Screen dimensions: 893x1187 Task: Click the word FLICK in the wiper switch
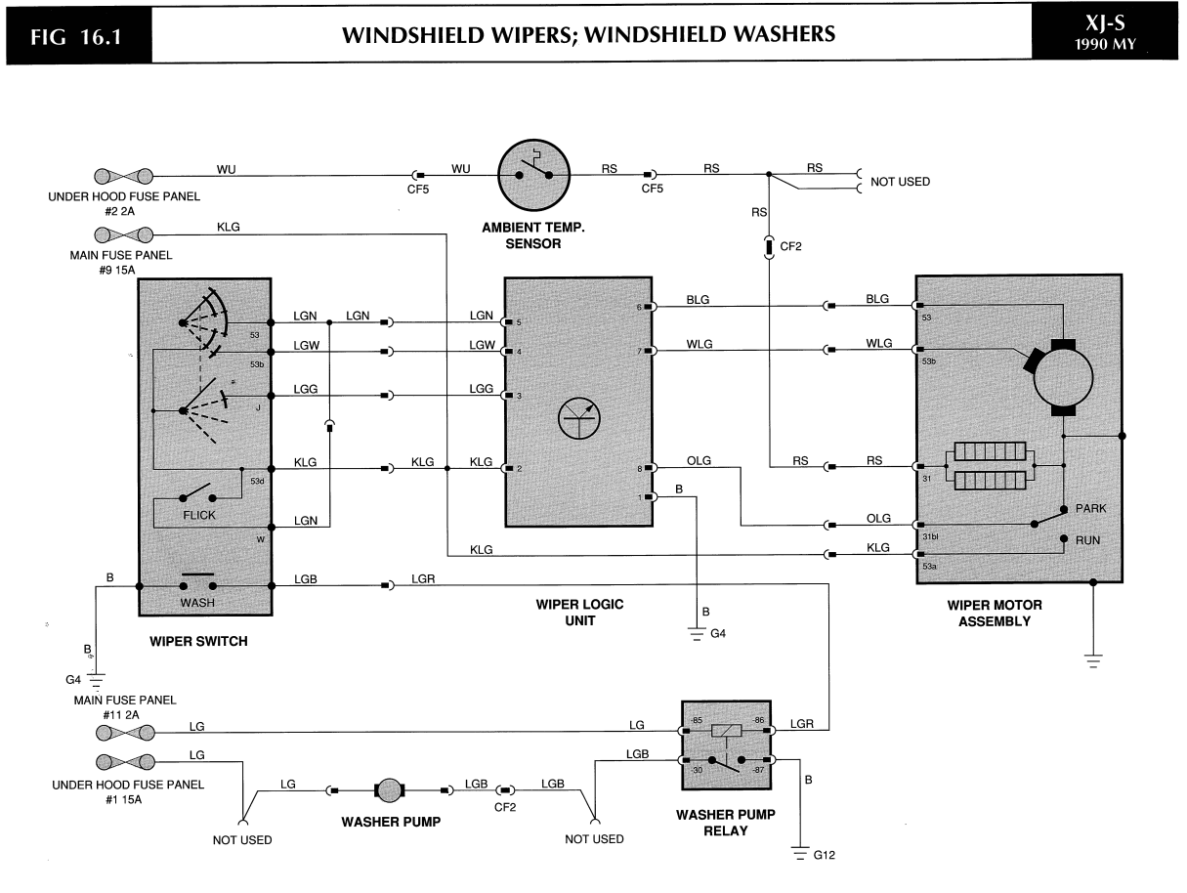tap(198, 514)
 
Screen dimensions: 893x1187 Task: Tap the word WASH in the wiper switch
tap(197, 603)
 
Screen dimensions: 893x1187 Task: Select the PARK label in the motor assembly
tap(1090, 509)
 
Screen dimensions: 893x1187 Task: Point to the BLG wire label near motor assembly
tap(876, 299)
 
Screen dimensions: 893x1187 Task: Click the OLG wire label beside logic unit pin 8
tap(699, 460)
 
